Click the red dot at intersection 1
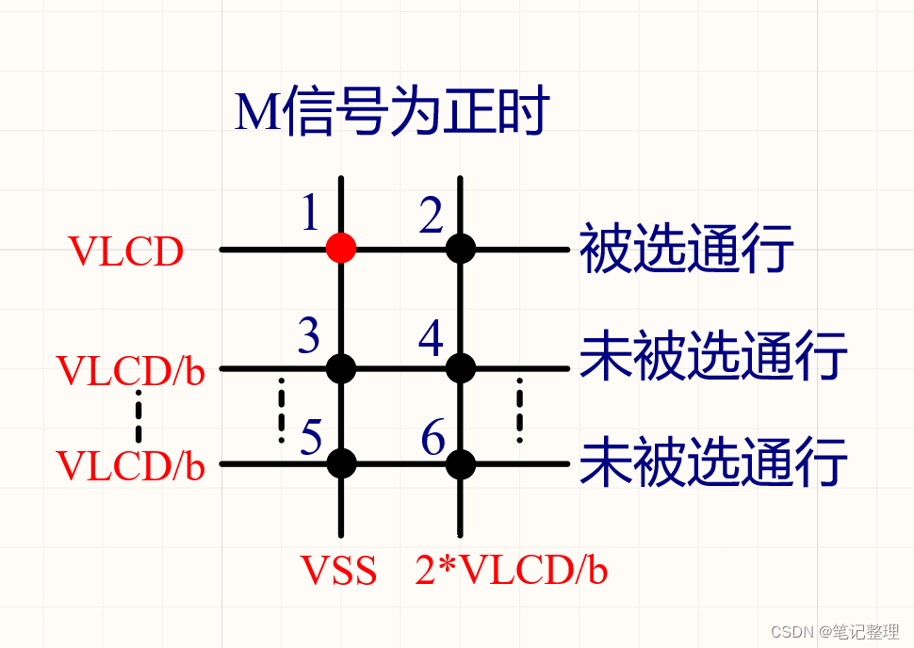click(341, 249)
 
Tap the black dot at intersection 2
click(461, 249)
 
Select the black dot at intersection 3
click(341, 367)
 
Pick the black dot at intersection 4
click(461, 367)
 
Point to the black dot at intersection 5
click(341, 462)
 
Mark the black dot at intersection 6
click(461, 462)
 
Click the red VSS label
click(339, 571)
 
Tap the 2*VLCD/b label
click(511, 571)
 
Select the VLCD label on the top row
click(126, 252)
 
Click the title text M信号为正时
click(391, 114)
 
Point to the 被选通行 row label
click(686, 248)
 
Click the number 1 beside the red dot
click(310, 215)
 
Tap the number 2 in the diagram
click(432, 218)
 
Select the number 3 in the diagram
click(309, 336)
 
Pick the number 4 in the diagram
click(432, 338)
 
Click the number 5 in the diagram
click(312, 437)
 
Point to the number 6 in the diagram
click(433, 438)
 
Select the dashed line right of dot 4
click(519, 411)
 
